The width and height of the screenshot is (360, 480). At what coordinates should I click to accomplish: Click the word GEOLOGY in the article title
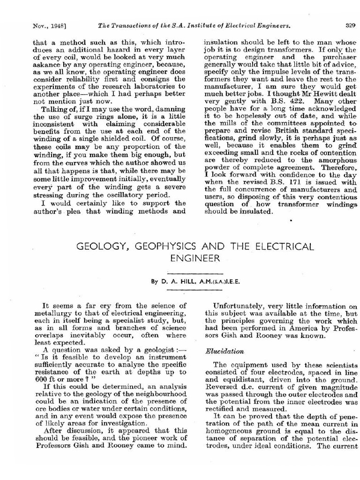click(99, 247)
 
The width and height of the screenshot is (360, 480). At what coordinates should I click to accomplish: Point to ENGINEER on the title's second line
click(194, 258)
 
